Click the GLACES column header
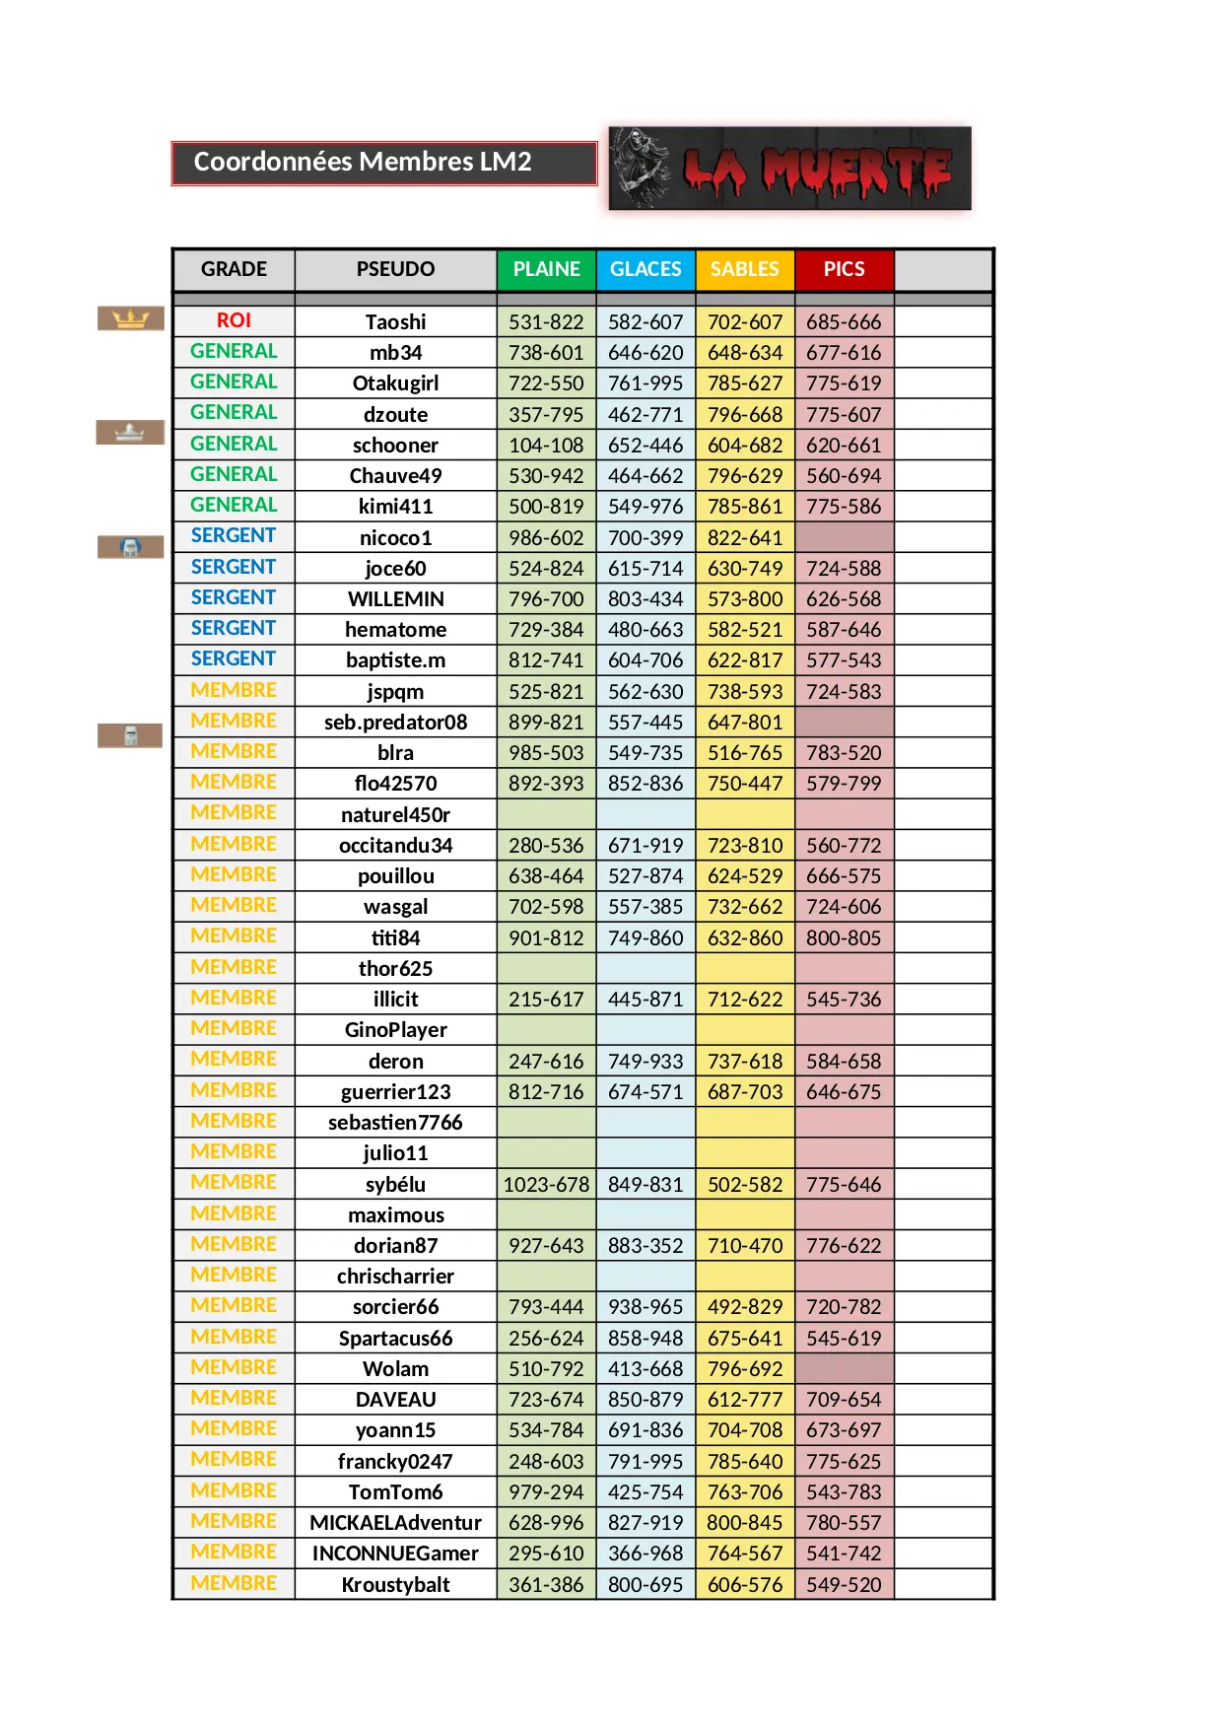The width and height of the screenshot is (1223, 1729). (x=645, y=269)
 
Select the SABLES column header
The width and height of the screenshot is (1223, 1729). (x=745, y=269)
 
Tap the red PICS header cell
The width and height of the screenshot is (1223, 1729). (x=845, y=269)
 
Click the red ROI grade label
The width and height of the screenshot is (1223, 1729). (x=234, y=320)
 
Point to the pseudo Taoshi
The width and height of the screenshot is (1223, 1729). (x=395, y=322)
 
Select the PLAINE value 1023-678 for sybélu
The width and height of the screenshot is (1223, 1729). (x=546, y=1184)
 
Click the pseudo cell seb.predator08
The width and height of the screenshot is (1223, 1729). (x=395, y=722)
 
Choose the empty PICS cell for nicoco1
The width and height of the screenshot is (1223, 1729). (x=845, y=537)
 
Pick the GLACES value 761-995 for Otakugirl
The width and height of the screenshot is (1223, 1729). (x=645, y=383)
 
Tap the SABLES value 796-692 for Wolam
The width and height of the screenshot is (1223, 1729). (x=745, y=1368)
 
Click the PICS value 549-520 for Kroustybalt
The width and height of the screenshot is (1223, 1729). (x=845, y=1584)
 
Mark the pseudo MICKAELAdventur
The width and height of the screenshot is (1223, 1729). (x=395, y=1523)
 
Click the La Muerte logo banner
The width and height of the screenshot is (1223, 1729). (x=790, y=169)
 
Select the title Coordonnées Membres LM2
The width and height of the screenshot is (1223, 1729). (x=363, y=162)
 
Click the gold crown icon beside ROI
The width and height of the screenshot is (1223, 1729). (x=130, y=318)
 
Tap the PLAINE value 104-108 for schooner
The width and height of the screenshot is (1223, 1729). (x=546, y=446)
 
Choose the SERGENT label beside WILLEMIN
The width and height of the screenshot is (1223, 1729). (x=234, y=597)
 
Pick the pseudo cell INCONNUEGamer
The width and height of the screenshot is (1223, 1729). (x=395, y=1554)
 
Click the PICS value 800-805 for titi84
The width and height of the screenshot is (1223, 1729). (x=845, y=937)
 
